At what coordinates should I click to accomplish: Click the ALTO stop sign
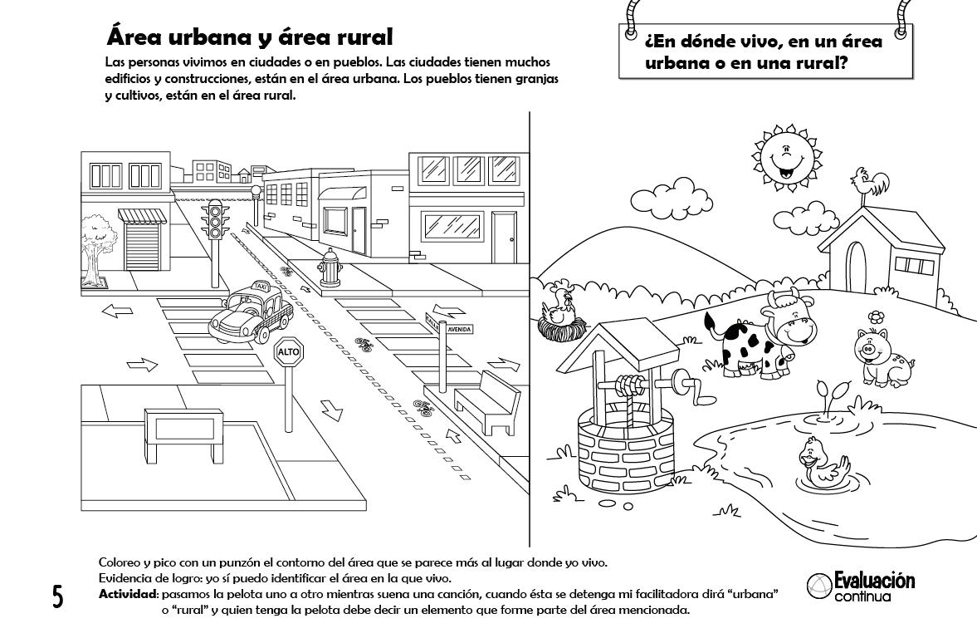(288, 351)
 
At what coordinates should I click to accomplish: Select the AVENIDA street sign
(459, 330)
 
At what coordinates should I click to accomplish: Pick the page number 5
(57, 596)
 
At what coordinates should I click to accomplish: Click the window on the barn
(913, 266)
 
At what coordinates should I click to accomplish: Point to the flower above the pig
(875, 316)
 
